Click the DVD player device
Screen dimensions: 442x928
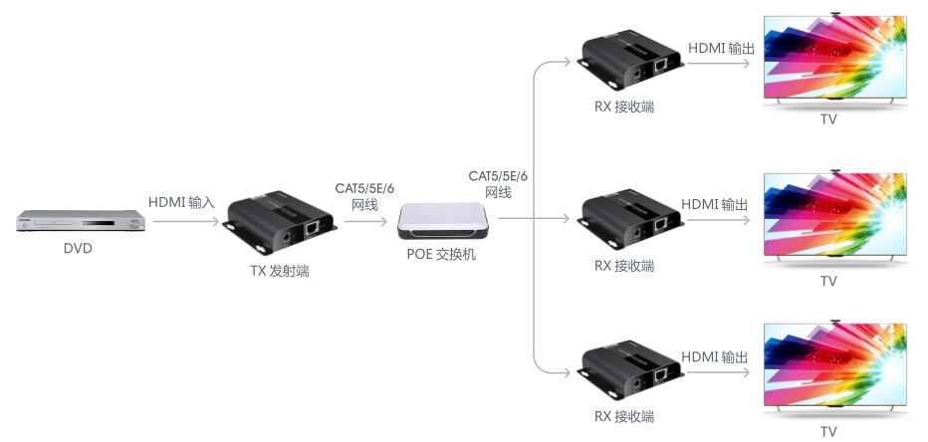[78, 221]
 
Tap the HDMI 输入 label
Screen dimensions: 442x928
[181, 202]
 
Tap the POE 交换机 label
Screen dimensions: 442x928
[441, 254]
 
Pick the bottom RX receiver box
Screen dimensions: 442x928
[630, 369]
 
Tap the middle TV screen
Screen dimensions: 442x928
[835, 215]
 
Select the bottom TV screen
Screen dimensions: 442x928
[835, 367]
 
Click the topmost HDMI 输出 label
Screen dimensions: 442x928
[721, 47]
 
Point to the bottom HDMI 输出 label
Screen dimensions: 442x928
[715, 356]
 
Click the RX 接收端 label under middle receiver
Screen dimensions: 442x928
[624, 266]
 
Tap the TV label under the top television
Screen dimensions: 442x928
[828, 120]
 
